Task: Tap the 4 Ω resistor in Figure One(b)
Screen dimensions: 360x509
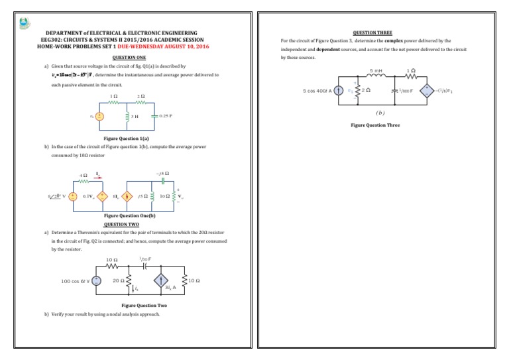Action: click(x=83, y=180)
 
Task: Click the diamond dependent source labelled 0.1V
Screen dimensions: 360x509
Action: click(x=103, y=196)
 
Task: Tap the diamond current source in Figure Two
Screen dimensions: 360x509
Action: click(x=160, y=281)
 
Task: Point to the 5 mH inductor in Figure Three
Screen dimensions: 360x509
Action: click(x=375, y=76)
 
